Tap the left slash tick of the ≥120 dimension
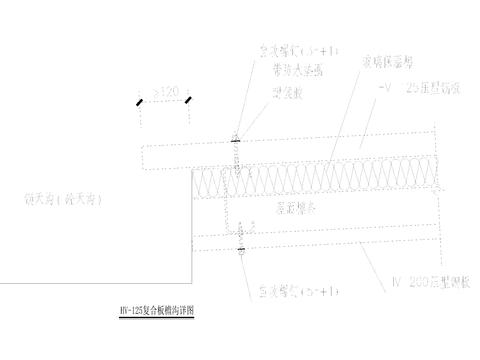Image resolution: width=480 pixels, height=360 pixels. point(140,101)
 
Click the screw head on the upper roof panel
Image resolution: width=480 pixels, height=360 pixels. point(237,140)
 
